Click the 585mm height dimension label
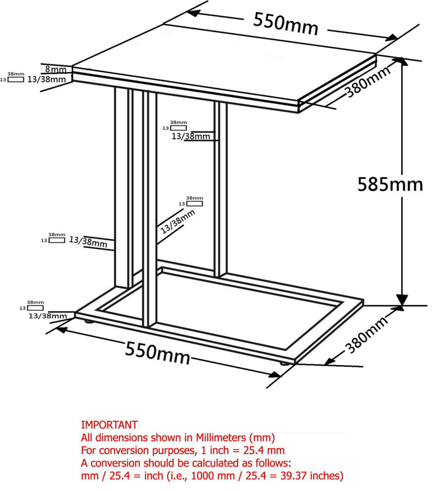coord(390,184)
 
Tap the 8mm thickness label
coord(55,69)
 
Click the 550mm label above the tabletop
coord(285,23)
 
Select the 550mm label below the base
coord(158,353)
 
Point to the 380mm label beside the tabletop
coord(368,81)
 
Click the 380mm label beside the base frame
coord(367,334)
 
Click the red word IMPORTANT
coord(109,425)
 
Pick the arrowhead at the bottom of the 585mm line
coord(402,300)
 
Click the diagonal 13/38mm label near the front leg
coord(177,222)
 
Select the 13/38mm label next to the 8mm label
coord(47,79)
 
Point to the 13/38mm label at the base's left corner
coord(48,316)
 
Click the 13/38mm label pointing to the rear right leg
coord(191,136)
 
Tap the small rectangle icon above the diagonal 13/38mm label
coord(195,203)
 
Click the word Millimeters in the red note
coord(221,437)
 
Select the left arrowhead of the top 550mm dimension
coord(194,13)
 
